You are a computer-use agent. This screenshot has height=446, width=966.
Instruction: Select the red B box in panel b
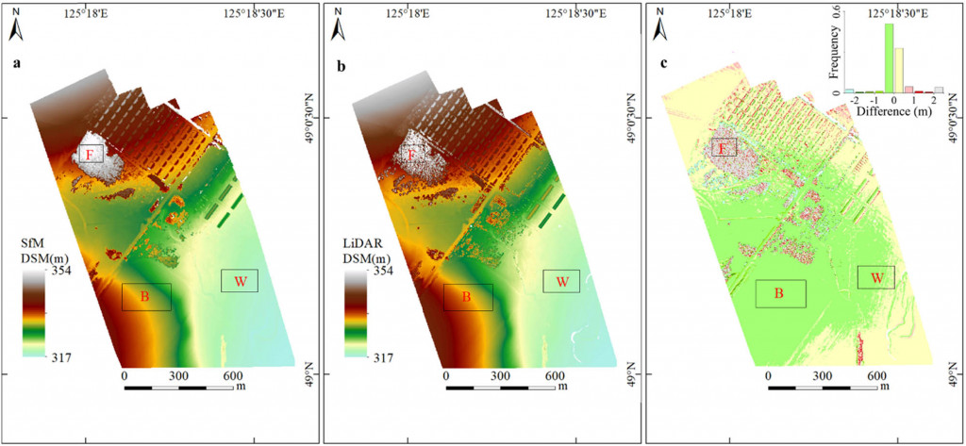point(467,297)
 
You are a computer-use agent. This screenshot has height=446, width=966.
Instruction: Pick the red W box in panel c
point(876,277)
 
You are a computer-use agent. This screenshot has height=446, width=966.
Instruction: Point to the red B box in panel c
point(779,293)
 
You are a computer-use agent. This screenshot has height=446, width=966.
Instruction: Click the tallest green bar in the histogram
point(889,58)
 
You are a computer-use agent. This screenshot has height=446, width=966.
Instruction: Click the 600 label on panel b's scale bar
point(549,374)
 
